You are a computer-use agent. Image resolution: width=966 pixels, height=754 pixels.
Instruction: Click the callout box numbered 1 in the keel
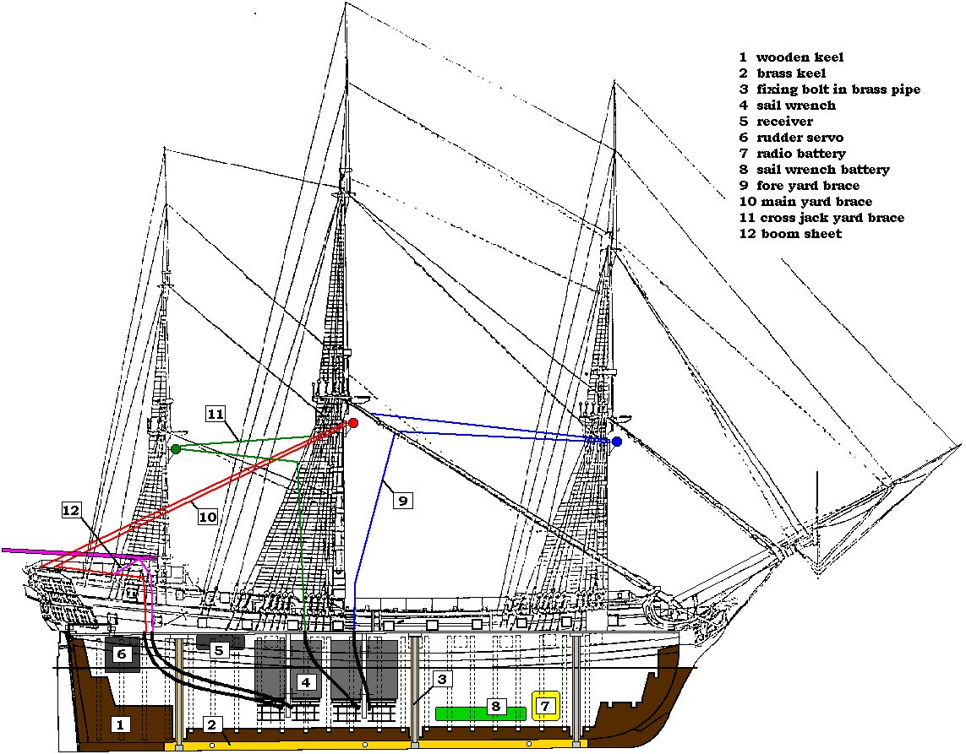(x=120, y=724)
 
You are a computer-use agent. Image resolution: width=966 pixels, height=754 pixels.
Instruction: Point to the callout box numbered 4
(x=306, y=681)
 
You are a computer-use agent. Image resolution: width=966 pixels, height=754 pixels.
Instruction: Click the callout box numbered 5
(x=219, y=650)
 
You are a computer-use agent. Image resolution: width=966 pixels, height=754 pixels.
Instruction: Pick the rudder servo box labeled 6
(x=122, y=654)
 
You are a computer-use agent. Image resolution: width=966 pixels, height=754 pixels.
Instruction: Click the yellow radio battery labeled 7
(x=545, y=705)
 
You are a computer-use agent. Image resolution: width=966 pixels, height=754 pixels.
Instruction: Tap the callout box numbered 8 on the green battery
(x=496, y=706)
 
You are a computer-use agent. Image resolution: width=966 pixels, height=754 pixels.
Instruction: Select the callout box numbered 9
(x=403, y=501)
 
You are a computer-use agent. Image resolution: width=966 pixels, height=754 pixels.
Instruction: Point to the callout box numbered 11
(x=216, y=414)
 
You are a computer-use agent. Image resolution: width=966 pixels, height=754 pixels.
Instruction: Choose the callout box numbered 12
(x=73, y=510)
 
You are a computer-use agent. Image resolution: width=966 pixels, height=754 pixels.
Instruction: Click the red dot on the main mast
(x=353, y=423)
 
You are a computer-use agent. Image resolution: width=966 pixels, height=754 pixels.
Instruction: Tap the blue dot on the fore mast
(x=617, y=442)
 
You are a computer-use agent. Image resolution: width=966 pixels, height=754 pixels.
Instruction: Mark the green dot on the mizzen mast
(x=176, y=449)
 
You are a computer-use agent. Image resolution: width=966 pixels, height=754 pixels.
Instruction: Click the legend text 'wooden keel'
(x=800, y=57)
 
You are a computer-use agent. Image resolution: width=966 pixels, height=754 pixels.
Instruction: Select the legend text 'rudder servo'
(x=800, y=138)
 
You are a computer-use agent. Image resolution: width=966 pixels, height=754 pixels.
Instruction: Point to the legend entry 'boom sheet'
(x=801, y=234)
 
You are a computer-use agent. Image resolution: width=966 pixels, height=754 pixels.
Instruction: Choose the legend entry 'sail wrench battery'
(x=823, y=170)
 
